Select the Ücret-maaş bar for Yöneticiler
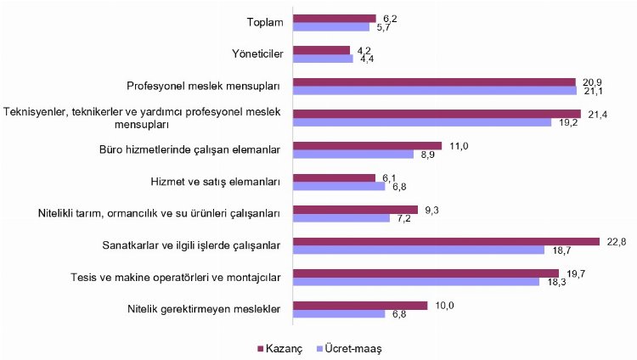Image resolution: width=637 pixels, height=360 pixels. [323, 59]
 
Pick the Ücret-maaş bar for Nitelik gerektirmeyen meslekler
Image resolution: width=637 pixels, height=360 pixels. [339, 313]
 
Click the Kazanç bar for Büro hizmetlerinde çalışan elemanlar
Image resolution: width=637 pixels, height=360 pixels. [367, 145]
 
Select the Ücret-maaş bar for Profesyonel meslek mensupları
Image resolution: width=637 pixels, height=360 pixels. [435, 91]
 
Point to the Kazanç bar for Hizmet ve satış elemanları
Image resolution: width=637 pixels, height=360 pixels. [334, 177]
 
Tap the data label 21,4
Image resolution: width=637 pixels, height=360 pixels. [595, 113]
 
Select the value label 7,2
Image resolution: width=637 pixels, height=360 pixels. [403, 218]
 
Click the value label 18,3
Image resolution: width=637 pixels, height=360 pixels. [552, 282]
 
